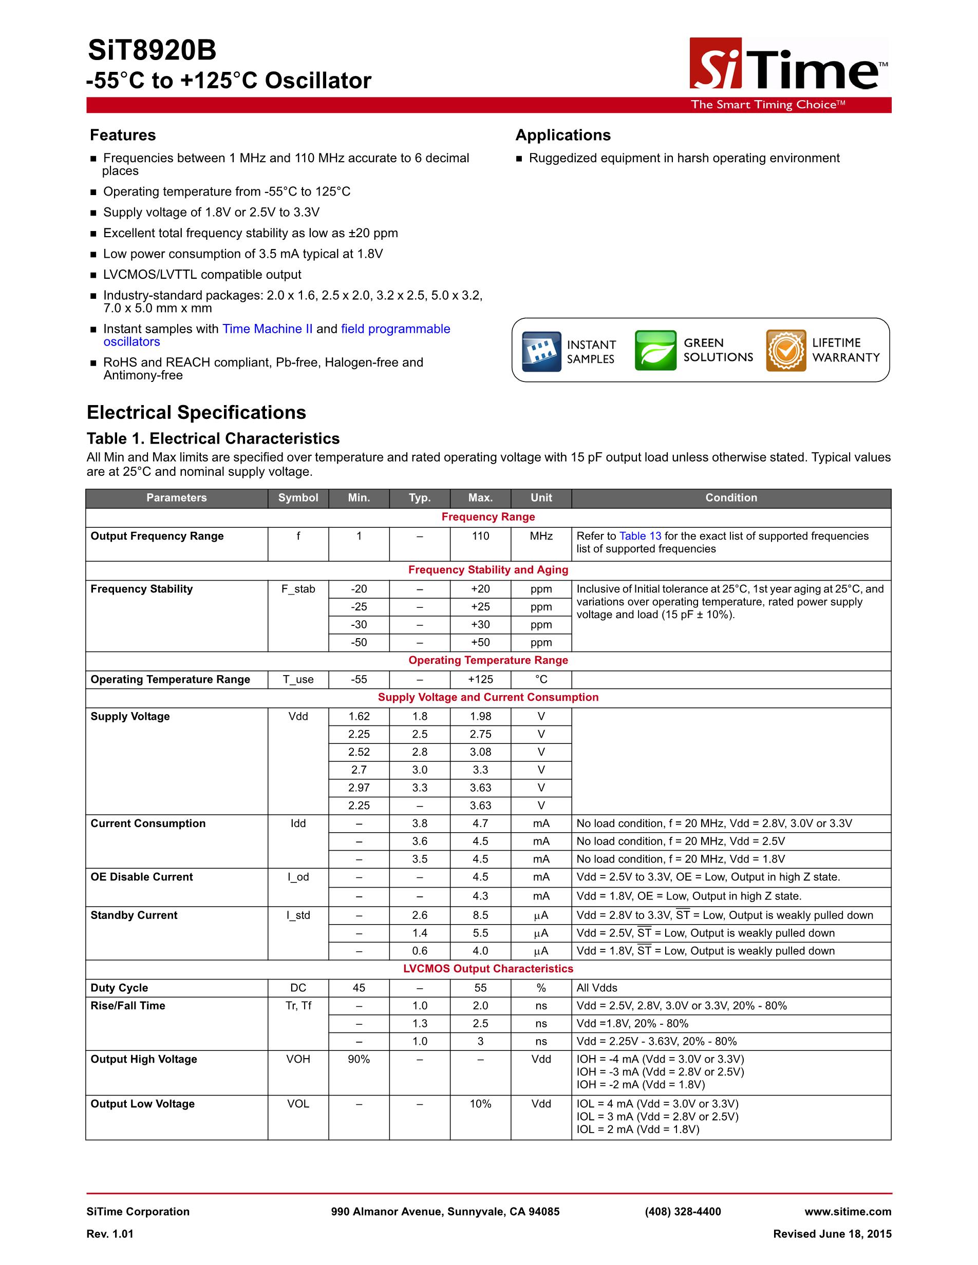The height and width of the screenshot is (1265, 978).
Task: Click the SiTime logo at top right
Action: pos(788,65)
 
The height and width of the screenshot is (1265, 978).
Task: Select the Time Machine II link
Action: pos(267,329)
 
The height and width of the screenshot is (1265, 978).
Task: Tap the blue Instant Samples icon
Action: pos(541,351)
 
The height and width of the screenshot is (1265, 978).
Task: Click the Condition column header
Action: pos(730,497)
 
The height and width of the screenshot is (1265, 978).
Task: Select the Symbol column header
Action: pos(298,497)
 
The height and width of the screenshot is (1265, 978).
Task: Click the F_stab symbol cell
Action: pos(298,589)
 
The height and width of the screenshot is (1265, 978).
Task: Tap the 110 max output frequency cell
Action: pos(480,536)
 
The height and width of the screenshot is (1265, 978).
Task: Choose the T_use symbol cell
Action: pos(298,679)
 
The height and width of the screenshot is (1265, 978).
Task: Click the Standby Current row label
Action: pos(134,915)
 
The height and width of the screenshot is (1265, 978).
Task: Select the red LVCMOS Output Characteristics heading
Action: pos(488,968)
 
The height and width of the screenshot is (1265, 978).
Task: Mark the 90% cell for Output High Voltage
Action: pos(359,1059)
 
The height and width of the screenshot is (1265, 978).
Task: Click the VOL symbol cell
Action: pos(298,1104)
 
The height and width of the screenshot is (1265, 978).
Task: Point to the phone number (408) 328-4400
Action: pos(683,1212)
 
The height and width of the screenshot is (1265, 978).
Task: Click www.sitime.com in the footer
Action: pos(848,1212)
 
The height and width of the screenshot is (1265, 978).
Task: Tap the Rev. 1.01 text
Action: pos(110,1234)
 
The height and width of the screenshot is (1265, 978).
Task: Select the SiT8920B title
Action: pos(152,51)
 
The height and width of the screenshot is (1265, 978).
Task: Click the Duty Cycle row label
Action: pos(119,988)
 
